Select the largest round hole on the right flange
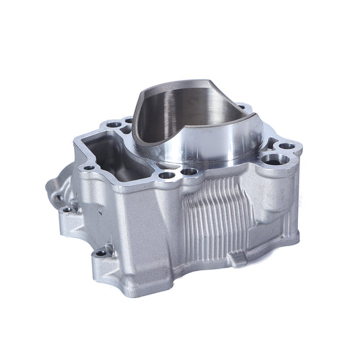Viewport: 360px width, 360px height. click(273, 160)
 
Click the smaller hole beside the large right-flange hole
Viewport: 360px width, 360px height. click(287, 146)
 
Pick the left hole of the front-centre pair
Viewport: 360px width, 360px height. click(166, 176)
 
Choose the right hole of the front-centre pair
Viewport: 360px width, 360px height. click(190, 172)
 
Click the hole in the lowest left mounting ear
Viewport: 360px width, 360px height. click(101, 253)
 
